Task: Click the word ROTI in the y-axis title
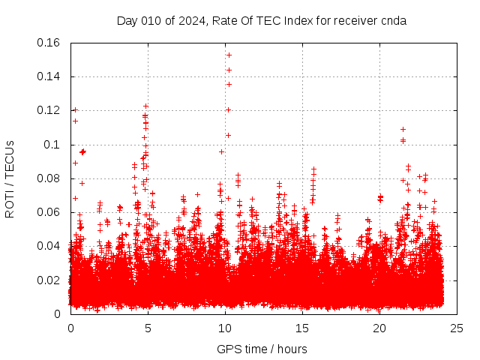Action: [10, 202]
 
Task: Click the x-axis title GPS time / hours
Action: [262, 349]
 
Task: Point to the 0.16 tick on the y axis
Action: [49, 43]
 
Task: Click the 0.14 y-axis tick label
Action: [49, 76]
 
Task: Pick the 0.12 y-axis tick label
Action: [49, 110]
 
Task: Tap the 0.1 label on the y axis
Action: [53, 144]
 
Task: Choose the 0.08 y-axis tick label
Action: [49, 178]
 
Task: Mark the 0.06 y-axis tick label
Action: [49, 212]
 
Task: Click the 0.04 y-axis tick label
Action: [49, 246]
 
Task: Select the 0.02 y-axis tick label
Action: [49, 280]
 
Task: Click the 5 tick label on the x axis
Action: [148, 328]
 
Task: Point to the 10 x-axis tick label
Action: [225, 328]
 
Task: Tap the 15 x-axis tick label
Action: [302, 328]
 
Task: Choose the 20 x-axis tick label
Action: [379, 328]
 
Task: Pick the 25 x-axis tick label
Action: [457, 328]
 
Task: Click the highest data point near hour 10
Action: [229, 55]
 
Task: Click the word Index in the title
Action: [298, 20]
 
